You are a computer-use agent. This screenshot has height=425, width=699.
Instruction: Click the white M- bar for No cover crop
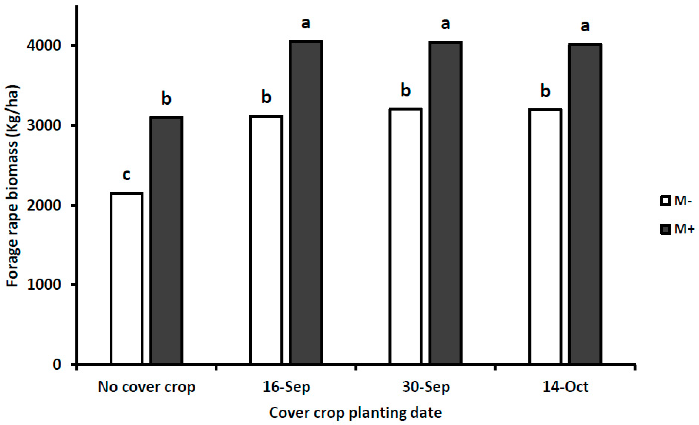127,278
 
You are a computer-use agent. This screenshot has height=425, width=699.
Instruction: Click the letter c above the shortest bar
126,175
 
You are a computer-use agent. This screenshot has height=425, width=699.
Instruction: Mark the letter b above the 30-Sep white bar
406,91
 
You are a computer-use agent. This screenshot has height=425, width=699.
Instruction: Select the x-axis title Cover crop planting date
355,413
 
